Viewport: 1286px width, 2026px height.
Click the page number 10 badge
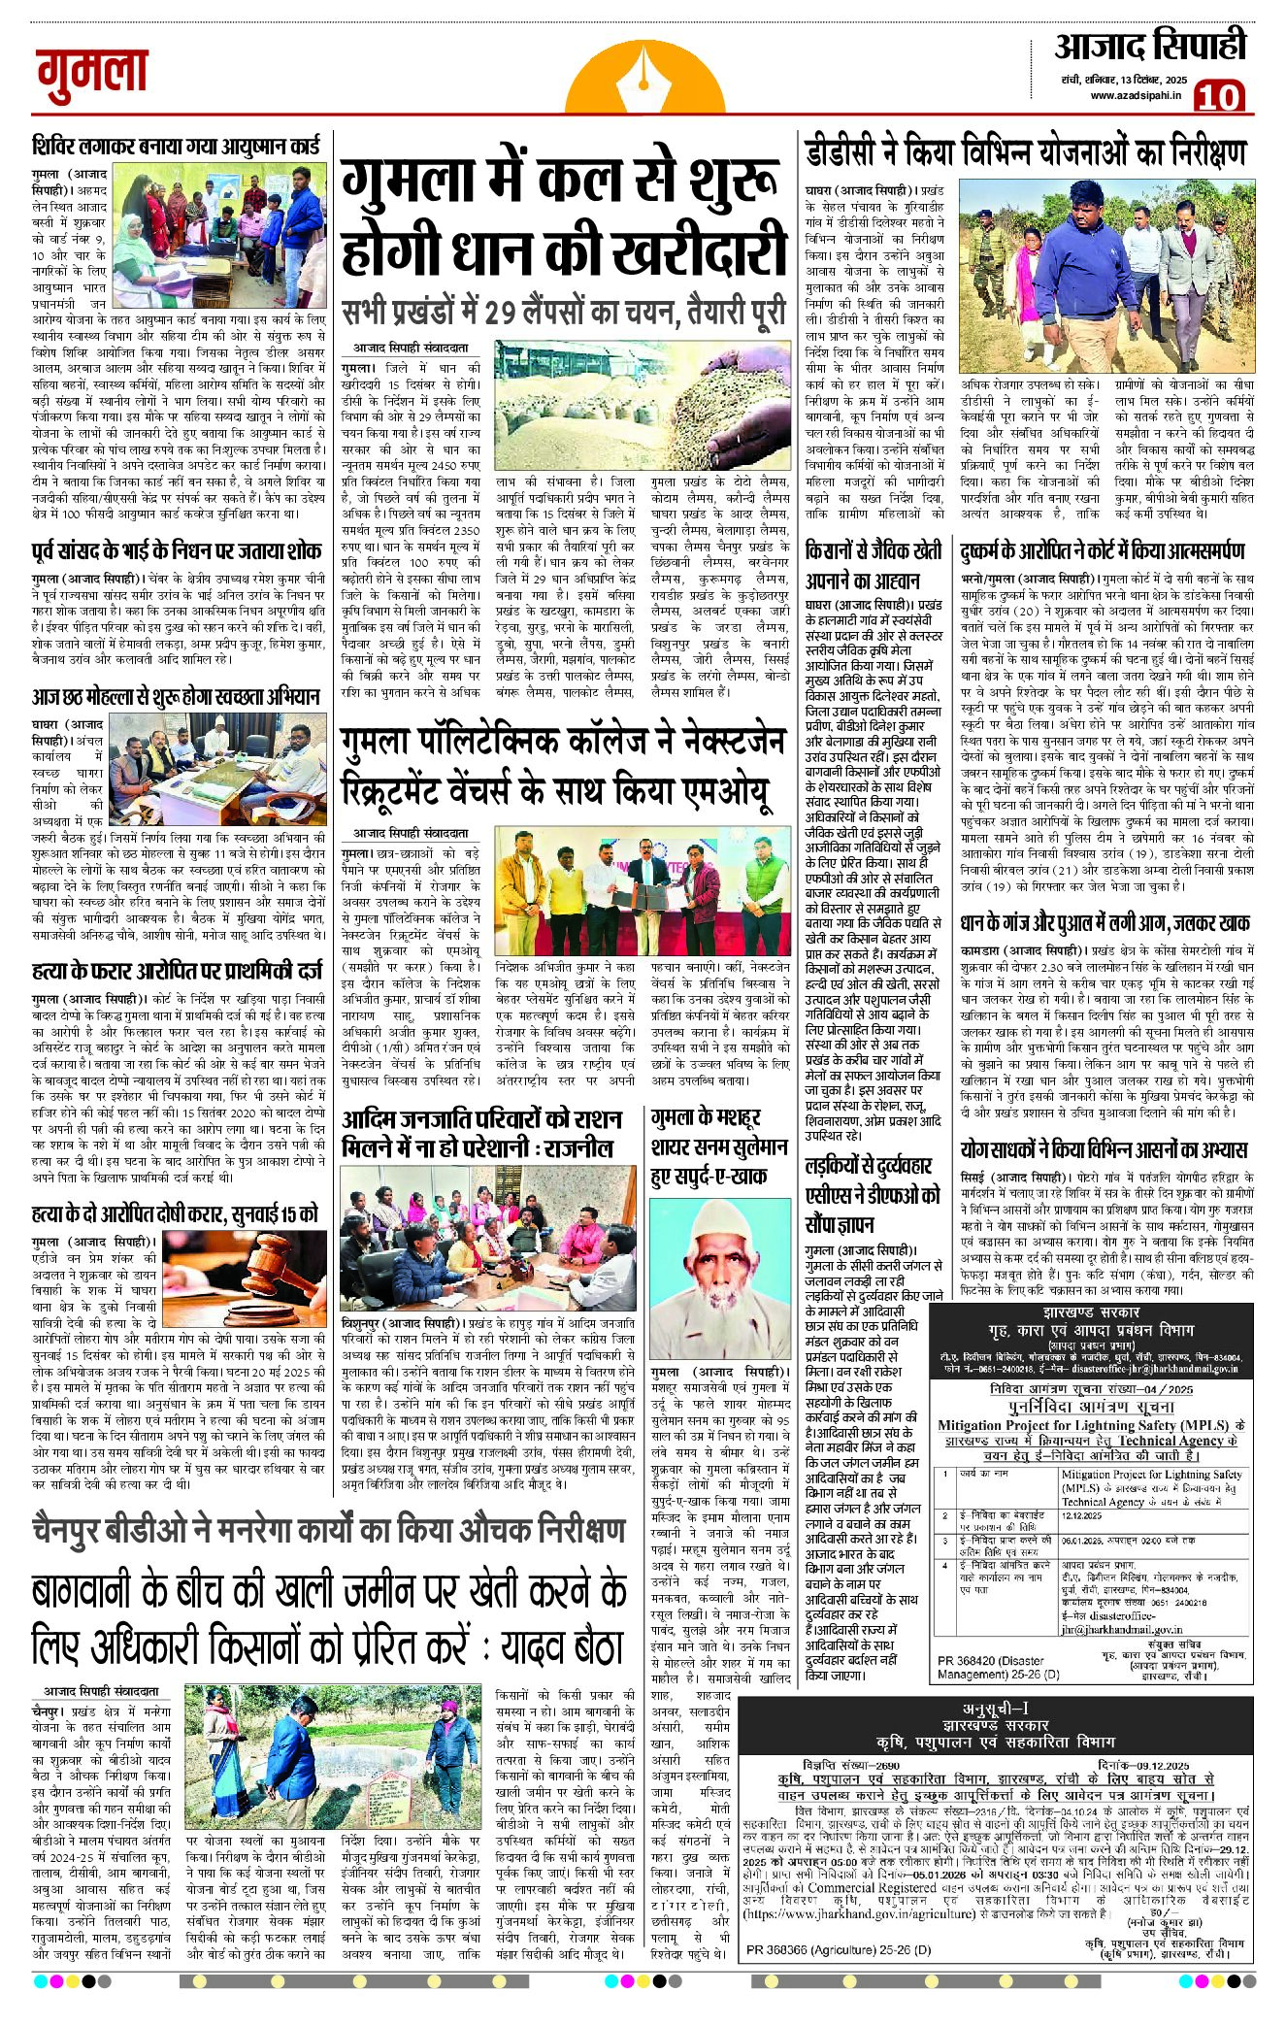(1218, 97)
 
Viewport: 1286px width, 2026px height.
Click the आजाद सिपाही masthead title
(1150, 47)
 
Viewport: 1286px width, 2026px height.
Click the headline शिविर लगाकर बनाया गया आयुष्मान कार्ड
(176, 147)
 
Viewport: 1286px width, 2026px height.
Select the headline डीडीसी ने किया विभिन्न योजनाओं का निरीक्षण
(1024, 153)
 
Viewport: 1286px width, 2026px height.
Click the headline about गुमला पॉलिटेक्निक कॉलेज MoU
(563, 768)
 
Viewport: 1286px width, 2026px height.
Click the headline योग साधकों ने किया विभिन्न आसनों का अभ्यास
(1104, 1150)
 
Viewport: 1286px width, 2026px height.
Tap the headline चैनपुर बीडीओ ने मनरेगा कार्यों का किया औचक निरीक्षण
(328, 1531)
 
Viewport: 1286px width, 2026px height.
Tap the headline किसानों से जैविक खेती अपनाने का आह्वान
(874, 566)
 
